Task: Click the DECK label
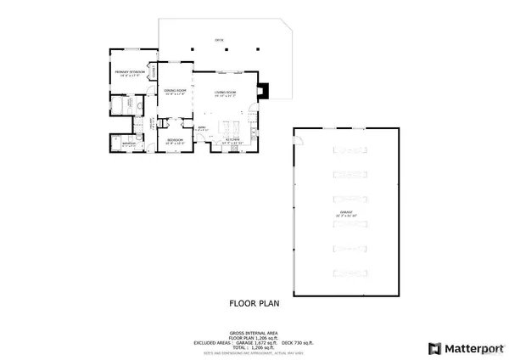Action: (218, 40)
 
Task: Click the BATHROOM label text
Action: (128, 144)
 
